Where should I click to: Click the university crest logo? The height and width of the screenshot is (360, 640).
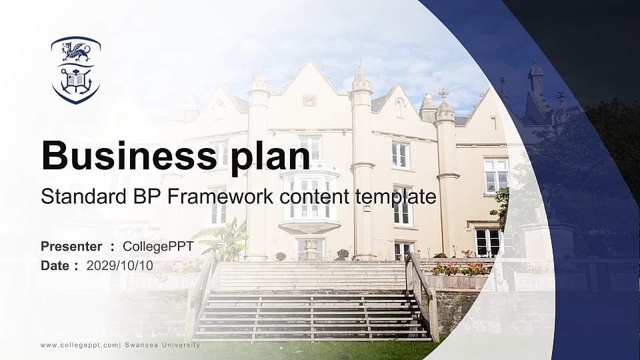[x=75, y=70]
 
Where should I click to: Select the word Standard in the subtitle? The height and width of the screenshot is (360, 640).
[x=78, y=197]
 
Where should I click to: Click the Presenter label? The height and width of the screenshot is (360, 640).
[x=71, y=247]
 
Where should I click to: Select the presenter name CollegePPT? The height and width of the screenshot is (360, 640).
[x=158, y=247]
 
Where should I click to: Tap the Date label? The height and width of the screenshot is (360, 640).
[x=55, y=265]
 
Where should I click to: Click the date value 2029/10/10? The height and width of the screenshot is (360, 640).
[x=120, y=265]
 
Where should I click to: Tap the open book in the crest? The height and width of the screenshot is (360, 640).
[x=75, y=81]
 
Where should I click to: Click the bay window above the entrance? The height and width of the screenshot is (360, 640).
[x=309, y=199]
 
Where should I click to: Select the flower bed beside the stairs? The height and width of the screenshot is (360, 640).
[x=460, y=269]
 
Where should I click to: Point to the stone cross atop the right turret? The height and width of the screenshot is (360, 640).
[x=443, y=93]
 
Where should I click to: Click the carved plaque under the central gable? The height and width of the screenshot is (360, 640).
[x=309, y=100]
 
